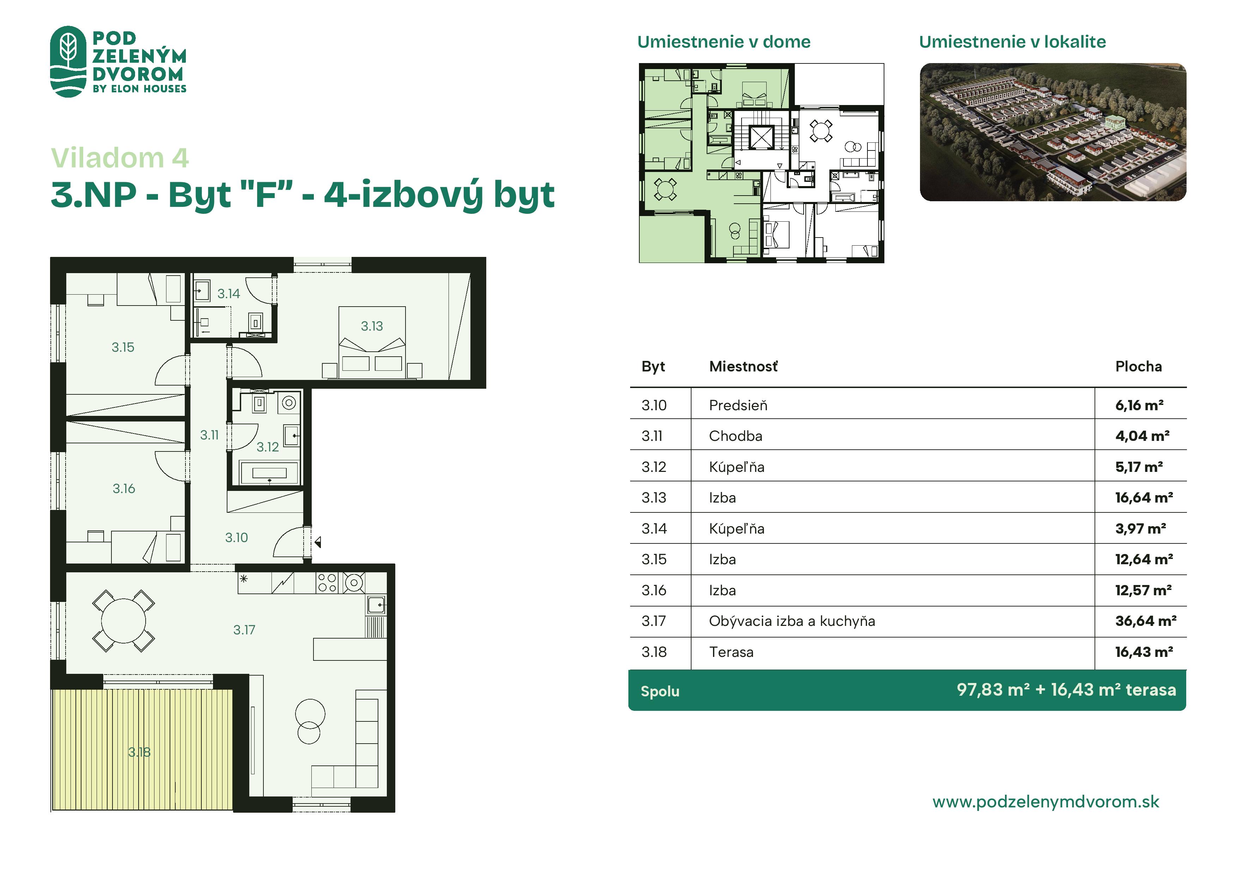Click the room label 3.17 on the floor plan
pos(244,629)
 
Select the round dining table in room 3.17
pos(123,621)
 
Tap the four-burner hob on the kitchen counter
pos(327,583)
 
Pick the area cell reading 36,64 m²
pos(1145,621)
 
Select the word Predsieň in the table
pos(738,405)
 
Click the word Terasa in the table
pos(731,652)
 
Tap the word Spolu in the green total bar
pos(660,691)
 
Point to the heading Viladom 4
pos(120,158)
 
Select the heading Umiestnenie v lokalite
pos(1012,42)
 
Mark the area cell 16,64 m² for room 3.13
pos(1144,498)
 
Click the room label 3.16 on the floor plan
pos(124,488)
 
